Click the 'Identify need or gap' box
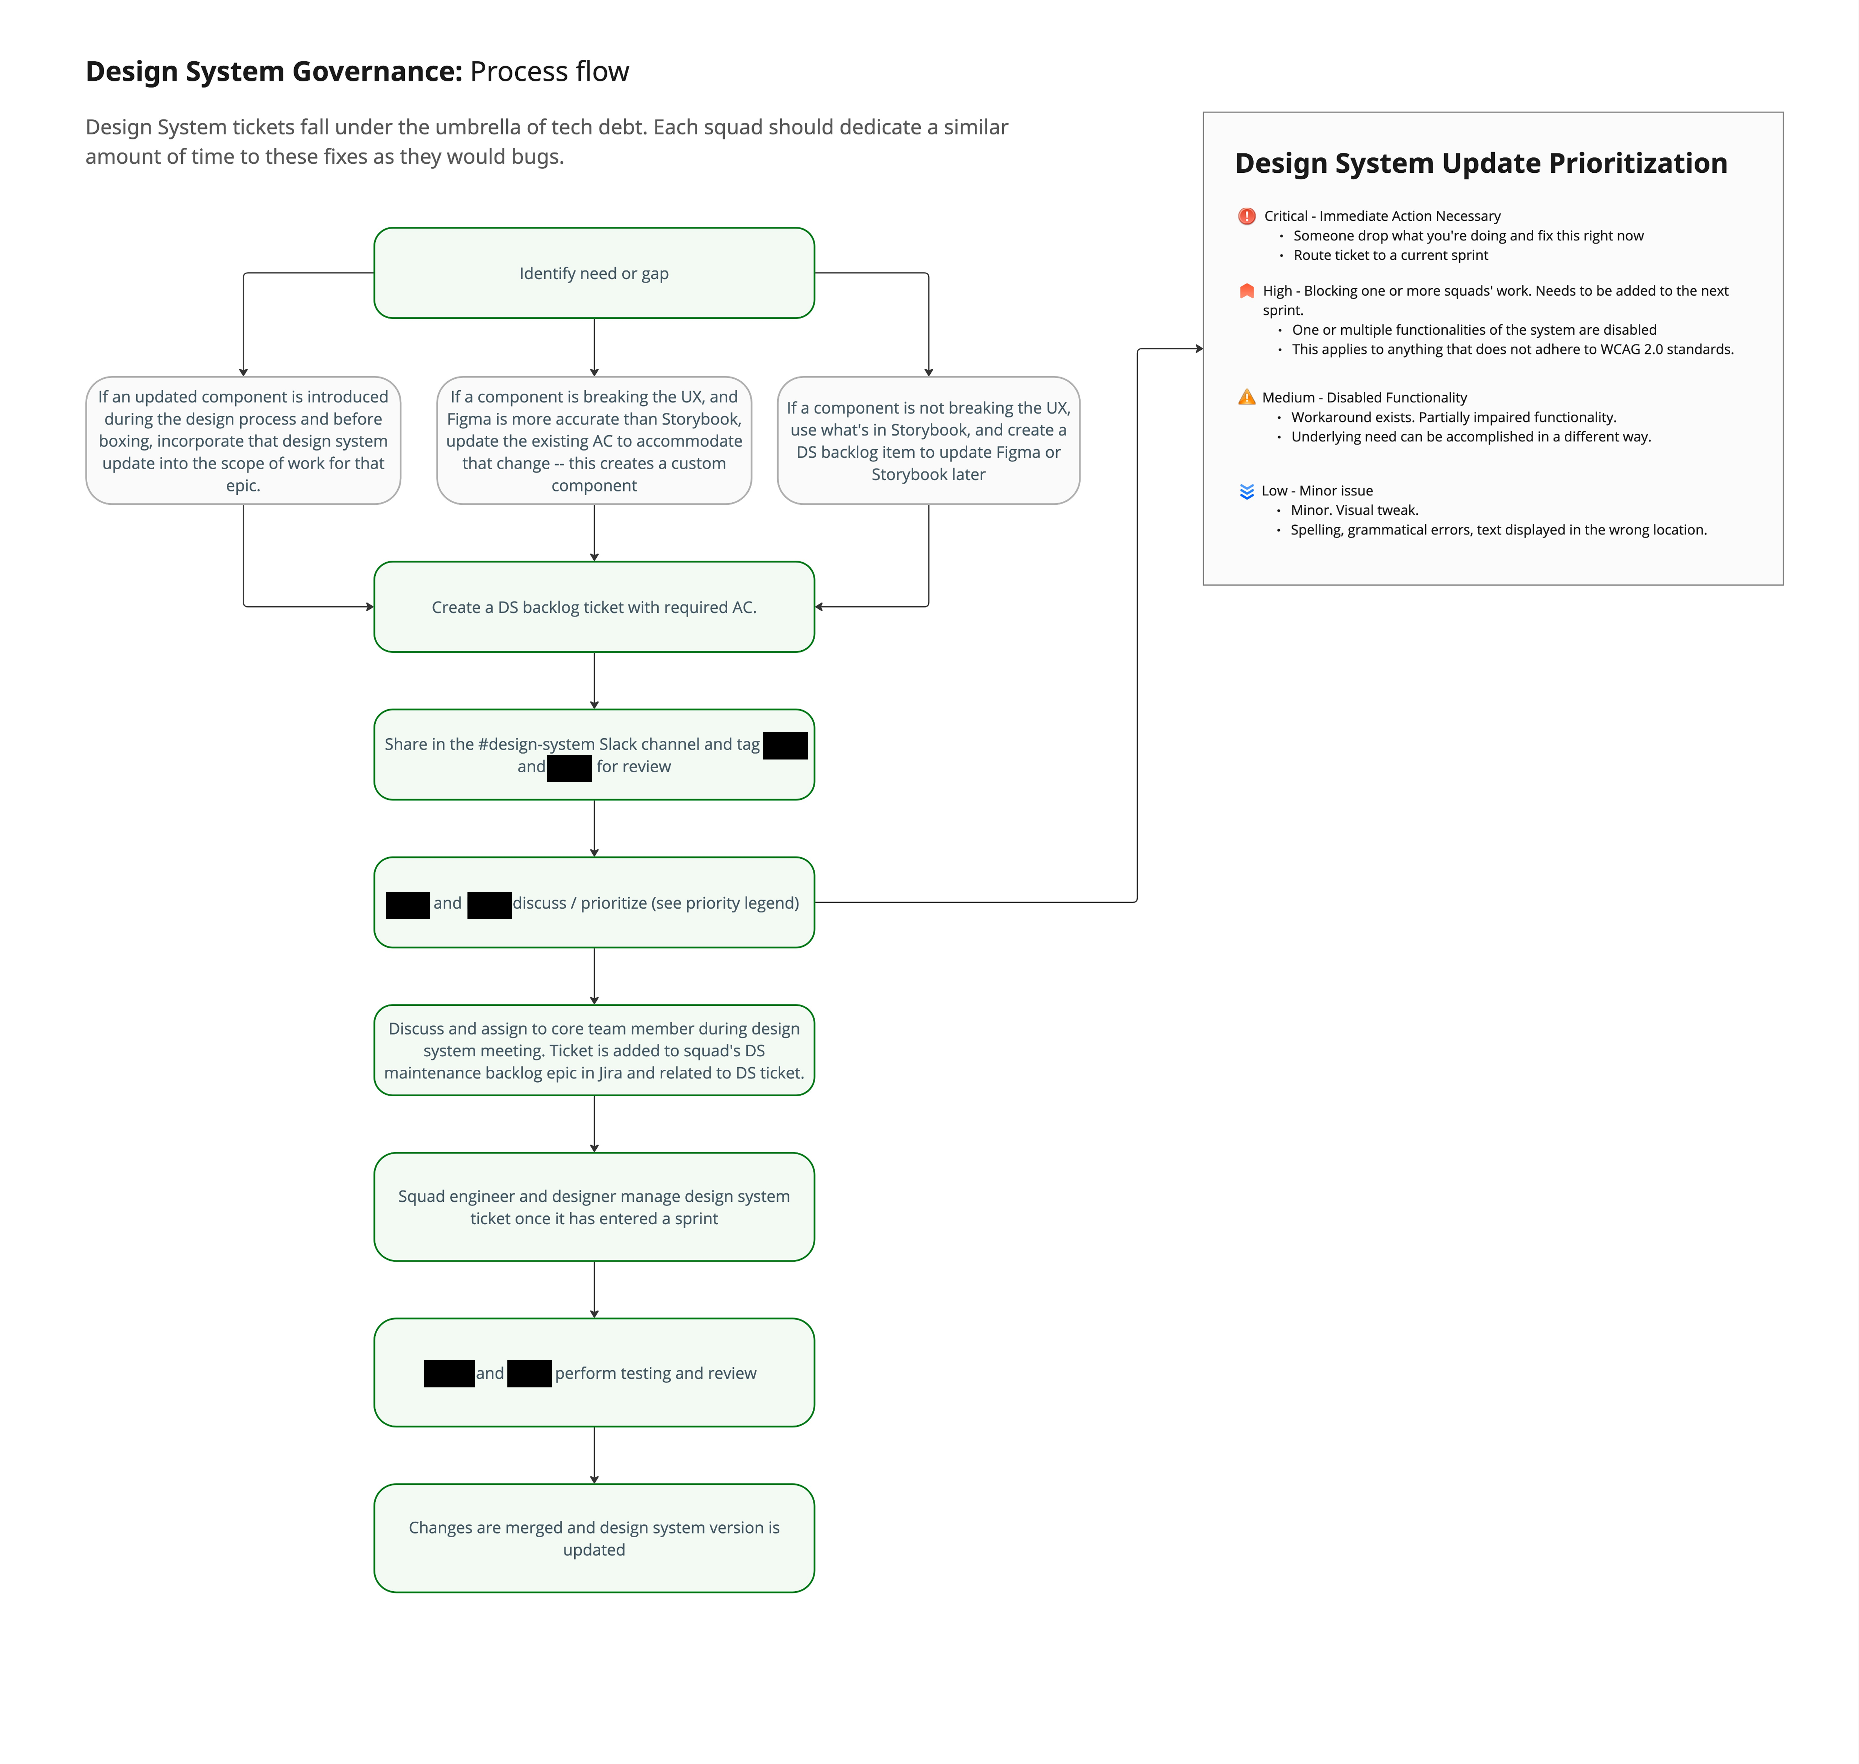click(594, 273)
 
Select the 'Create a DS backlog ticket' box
click(594, 607)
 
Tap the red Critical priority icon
click(1247, 216)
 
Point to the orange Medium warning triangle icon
click(1247, 397)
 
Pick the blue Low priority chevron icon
click(1247, 491)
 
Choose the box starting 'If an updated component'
click(243, 440)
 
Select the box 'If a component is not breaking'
click(928, 440)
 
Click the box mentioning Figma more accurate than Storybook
click(594, 440)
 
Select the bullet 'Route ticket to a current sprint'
click(1390, 255)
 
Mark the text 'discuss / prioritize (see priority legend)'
click(656, 903)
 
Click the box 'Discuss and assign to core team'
click(594, 1050)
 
